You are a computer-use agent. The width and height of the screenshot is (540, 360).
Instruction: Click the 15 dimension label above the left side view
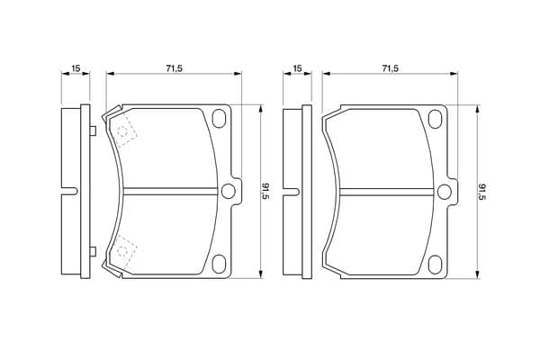[x=76, y=68]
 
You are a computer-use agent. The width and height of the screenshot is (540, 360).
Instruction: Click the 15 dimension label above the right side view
[x=297, y=68]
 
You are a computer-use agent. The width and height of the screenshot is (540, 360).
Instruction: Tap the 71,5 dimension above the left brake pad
[x=174, y=68]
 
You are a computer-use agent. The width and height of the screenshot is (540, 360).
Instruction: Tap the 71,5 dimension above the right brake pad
[x=390, y=68]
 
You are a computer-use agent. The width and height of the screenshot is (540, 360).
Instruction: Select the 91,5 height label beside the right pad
[x=482, y=192]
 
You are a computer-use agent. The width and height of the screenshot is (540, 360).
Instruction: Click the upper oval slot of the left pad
[x=219, y=119]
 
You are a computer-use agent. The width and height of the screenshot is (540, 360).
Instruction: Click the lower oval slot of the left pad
[x=219, y=265]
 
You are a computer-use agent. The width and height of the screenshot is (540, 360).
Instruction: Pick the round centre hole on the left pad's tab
[x=228, y=192]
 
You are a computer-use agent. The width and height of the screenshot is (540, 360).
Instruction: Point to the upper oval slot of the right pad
[x=435, y=119]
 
